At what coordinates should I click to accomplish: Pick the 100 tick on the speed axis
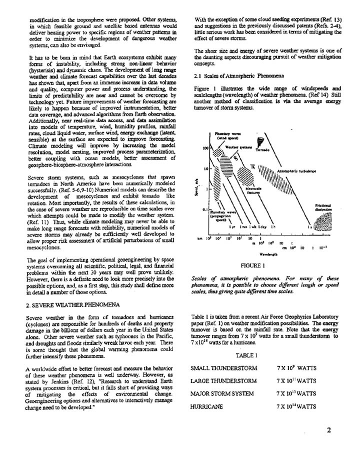[205, 134]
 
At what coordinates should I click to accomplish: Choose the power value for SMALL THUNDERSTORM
[296, 368]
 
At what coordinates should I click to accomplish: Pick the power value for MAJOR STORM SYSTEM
[297, 394]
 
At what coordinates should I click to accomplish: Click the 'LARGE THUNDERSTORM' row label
[223, 381]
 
